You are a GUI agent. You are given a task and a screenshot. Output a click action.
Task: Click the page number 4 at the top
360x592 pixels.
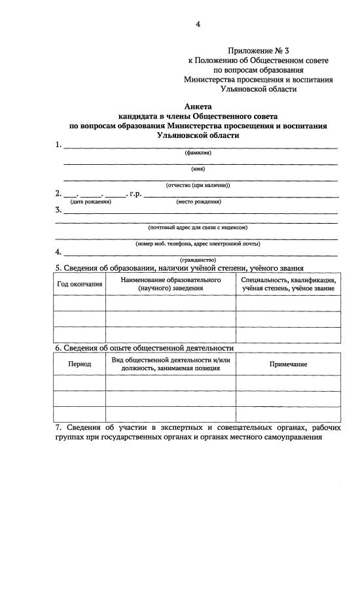pos(197,25)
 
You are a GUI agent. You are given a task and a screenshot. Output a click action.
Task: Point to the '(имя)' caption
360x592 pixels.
pos(198,168)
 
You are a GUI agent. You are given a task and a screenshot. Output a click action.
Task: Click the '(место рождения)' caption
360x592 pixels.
pos(198,201)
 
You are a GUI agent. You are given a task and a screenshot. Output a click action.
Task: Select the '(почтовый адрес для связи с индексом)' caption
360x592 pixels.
pos(198,227)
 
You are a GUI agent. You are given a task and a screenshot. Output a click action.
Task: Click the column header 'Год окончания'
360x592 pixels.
pos(80,284)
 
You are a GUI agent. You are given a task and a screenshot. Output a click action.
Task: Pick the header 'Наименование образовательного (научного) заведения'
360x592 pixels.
pos(170,284)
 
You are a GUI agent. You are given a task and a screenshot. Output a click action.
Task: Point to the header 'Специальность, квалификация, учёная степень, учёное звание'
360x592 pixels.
pos(288,284)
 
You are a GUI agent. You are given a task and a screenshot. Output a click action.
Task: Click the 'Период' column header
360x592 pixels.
pos(80,364)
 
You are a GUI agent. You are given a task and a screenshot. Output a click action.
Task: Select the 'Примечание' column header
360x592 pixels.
pos(288,364)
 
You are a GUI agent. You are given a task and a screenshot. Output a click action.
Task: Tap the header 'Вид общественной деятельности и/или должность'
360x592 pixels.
pos(170,364)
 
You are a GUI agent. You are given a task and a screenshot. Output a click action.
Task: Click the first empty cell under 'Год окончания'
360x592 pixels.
pos(80,303)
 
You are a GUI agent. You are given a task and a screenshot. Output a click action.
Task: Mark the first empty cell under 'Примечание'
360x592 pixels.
pos(288,383)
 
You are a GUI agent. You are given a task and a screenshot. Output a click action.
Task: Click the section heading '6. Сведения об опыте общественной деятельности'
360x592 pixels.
pos(144,347)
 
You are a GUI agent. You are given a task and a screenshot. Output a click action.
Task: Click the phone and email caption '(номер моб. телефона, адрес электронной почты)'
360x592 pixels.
pos(198,243)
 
